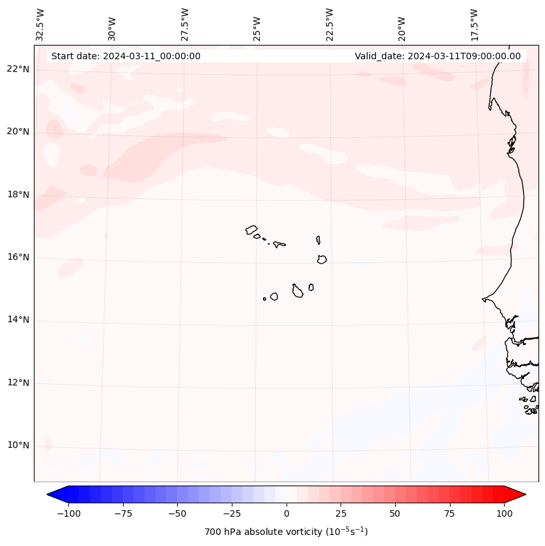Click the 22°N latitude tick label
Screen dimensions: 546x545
[x=18, y=69]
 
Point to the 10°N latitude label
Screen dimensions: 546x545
[x=18, y=446]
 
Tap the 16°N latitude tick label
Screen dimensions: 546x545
[x=18, y=257]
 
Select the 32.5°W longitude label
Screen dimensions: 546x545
[x=40, y=24]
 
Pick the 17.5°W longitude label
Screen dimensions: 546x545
[x=474, y=24]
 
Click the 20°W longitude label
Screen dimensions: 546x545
[x=402, y=28]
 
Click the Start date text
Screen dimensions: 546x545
[x=126, y=56]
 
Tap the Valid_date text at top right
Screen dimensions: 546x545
[x=438, y=56]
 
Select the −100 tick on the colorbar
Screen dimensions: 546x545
[x=68, y=513]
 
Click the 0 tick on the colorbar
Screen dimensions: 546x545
[x=286, y=513]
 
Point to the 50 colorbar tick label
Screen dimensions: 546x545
[x=395, y=513]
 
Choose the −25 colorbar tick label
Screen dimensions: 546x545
[x=232, y=513]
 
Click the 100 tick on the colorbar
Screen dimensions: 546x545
[x=504, y=513]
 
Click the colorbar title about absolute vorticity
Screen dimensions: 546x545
[x=286, y=532]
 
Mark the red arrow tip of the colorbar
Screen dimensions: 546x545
[x=524, y=495]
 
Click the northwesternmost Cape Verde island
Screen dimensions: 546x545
[x=251, y=229]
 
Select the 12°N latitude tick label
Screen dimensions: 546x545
[x=18, y=383]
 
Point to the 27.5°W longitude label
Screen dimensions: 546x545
[x=185, y=24]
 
